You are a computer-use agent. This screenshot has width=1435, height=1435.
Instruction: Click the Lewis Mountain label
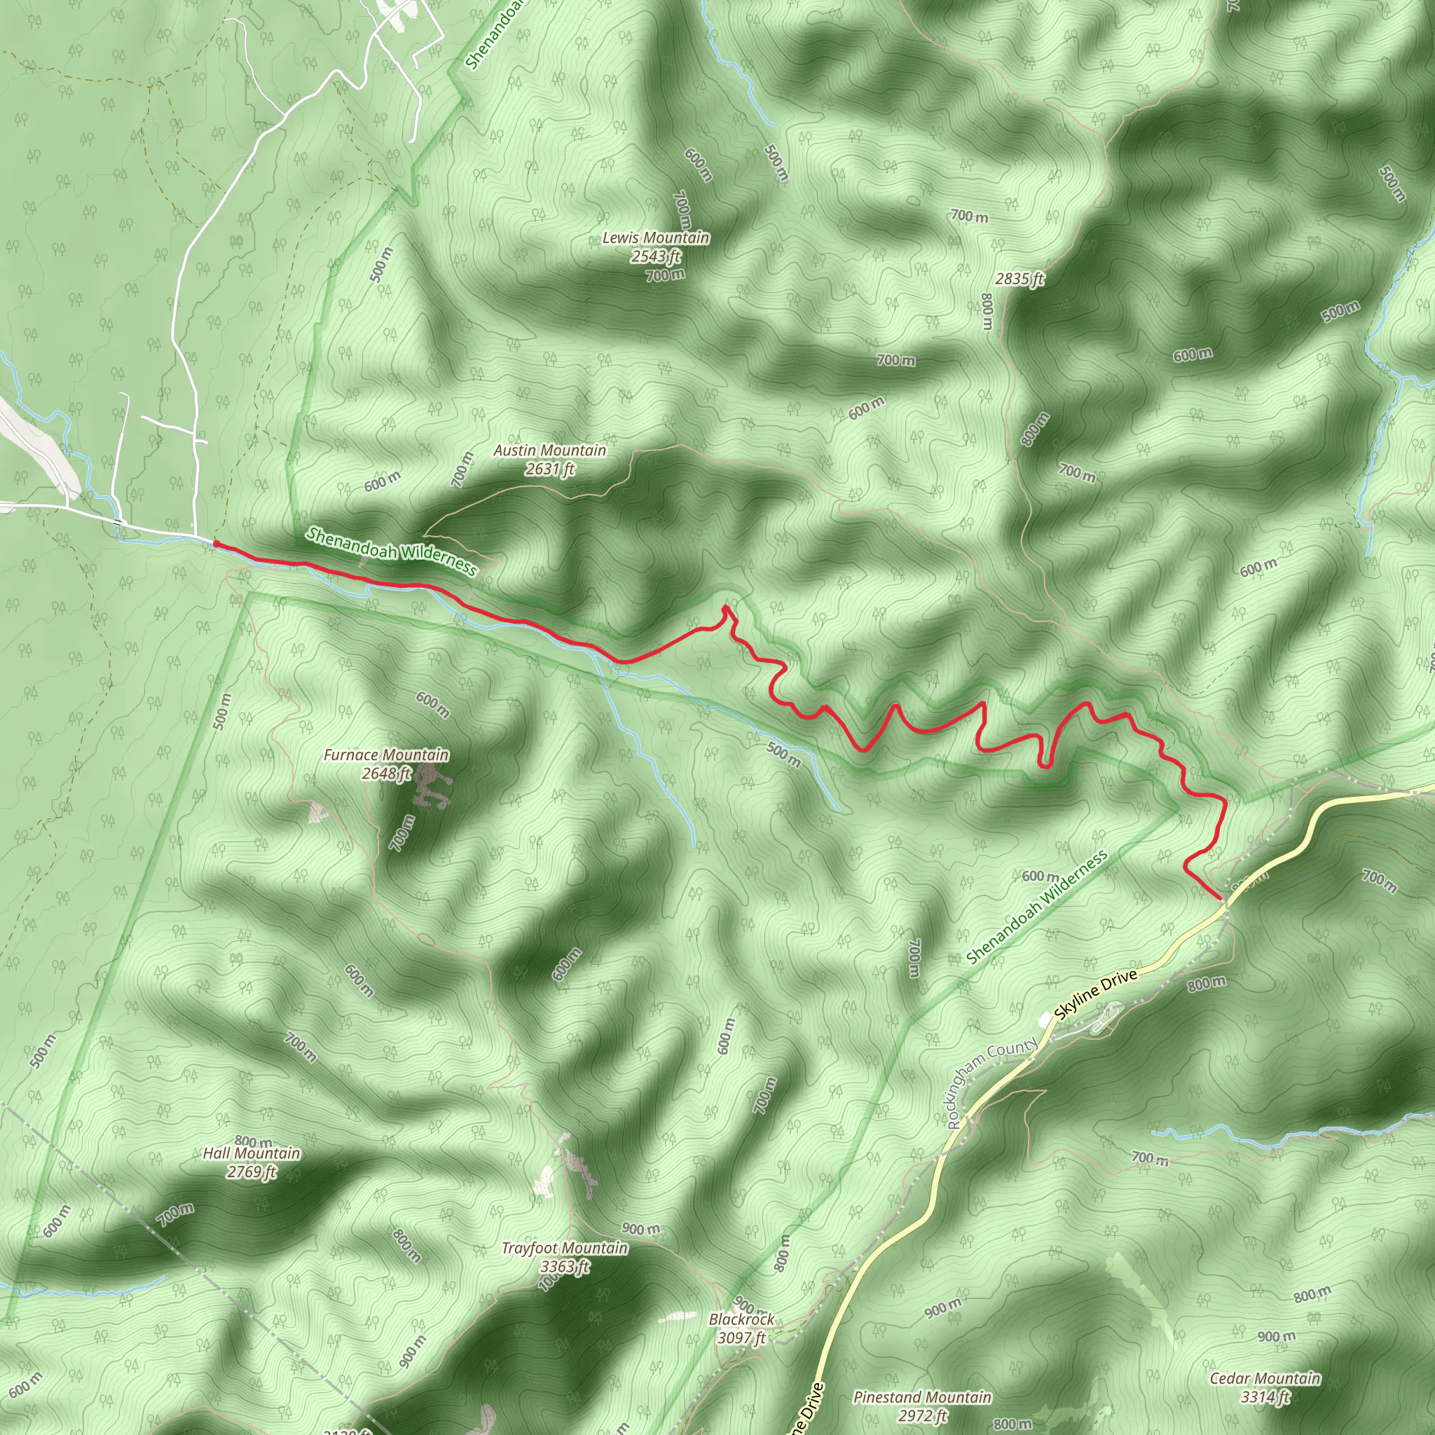pos(655,238)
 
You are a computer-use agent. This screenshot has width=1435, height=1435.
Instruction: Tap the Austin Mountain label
pos(549,450)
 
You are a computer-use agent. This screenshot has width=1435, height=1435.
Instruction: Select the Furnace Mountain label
pos(386,755)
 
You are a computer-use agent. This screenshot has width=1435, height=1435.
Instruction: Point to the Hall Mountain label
pos(252,1153)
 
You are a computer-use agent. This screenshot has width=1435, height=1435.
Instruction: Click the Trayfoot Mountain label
pos(565,1249)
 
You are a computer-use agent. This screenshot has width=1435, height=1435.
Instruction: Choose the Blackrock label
pos(741,1320)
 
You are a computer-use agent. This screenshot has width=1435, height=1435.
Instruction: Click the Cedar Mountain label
pos(1265,1378)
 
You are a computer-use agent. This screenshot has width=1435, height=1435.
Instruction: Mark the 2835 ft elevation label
pos(1019,280)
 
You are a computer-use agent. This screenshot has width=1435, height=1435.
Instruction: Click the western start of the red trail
pos(216,544)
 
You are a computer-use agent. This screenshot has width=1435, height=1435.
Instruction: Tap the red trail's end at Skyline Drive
pos(1221,898)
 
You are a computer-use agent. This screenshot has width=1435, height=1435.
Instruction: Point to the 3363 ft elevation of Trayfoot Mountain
pos(565,1266)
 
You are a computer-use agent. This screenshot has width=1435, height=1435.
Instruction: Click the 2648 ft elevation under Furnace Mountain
pos(386,774)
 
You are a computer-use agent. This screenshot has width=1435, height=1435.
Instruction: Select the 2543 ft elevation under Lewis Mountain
pos(655,256)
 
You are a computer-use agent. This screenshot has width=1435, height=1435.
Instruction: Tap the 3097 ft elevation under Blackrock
pos(741,1338)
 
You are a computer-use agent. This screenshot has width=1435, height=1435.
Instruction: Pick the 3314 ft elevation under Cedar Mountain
pos(1265,1397)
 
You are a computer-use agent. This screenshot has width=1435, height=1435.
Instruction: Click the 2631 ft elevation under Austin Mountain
pos(549,469)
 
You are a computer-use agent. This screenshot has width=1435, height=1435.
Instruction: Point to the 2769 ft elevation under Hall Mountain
pos(252,1172)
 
